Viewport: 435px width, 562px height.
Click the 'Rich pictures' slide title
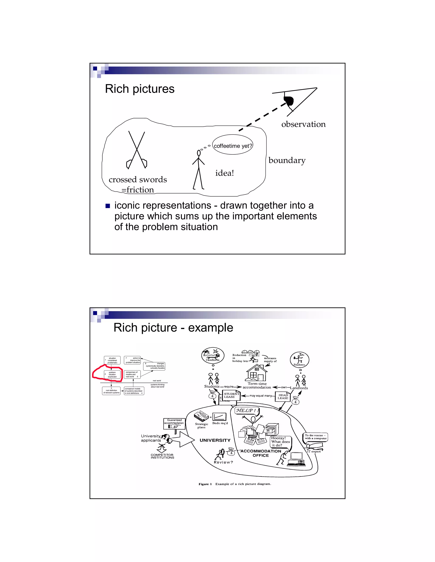[140, 89]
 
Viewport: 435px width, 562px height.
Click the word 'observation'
[303, 124]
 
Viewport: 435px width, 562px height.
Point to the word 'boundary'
[287, 160]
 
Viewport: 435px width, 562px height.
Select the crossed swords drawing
[137, 151]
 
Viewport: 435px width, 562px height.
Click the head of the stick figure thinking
[199, 153]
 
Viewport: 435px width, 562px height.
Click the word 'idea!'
[225, 173]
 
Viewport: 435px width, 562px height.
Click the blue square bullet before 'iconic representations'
[108, 206]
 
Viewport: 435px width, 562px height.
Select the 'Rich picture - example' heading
[173, 328]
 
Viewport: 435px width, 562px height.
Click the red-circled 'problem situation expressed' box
[112, 374]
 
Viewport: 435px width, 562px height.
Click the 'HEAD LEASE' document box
[283, 397]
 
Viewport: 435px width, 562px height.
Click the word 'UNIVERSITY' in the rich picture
[215, 440]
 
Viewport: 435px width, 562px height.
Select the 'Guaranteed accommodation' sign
[174, 423]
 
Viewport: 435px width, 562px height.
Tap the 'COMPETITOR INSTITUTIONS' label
[162, 456]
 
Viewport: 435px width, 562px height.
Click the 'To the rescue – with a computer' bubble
[315, 437]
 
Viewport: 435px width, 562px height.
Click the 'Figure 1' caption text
[234, 484]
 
